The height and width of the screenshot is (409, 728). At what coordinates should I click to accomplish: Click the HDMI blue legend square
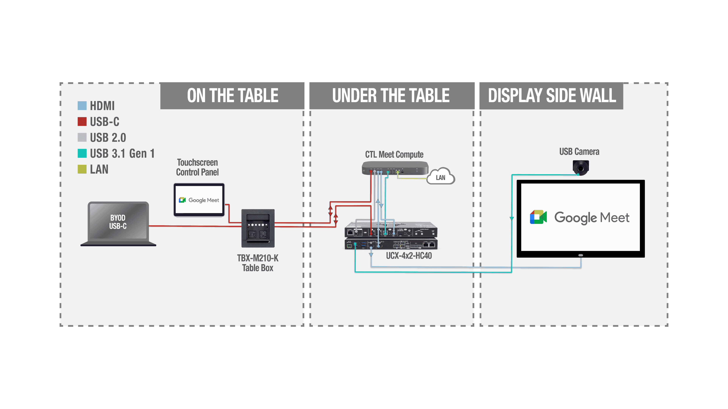tap(82, 106)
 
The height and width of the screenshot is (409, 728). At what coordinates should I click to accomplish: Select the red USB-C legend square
tap(82, 122)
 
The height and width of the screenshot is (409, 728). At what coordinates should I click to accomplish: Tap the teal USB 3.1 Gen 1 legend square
tap(82, 153)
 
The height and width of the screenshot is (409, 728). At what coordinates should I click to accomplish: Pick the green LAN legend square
tap(82, 169)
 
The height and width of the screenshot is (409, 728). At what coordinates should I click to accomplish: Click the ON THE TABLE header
tap(232, 96)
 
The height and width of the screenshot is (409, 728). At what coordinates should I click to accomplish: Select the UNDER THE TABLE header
tap(391, 96)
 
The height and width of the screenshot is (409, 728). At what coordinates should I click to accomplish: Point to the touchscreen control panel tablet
tap(199, 200)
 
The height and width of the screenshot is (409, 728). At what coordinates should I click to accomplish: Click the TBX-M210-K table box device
tap(258, 228)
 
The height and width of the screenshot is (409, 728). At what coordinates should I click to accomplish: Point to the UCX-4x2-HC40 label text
tap(409, 256)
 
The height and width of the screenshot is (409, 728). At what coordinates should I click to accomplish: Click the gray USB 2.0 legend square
tap(82, 137)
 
